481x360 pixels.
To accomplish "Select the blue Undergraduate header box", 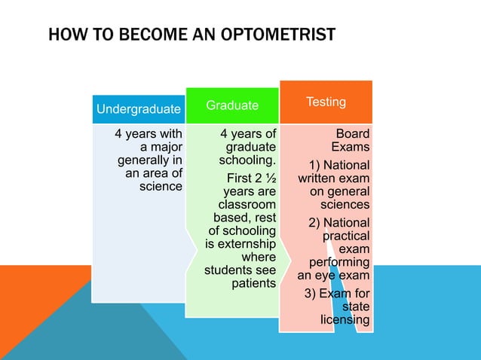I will (x=139, y=110).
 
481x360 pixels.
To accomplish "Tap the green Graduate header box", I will (x=232, y=105).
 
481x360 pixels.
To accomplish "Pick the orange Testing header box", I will (x=326, y=102).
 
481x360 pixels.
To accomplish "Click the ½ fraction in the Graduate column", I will (x=269, y=178).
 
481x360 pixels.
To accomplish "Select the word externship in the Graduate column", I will (x=240, y=244).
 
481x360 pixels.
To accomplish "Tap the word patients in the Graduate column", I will (x=253, y=283).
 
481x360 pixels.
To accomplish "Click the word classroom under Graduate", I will (x=247, y=205).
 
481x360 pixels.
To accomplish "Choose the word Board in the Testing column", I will (x=352, y=134).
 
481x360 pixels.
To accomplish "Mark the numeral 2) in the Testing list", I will (x=317, y=223).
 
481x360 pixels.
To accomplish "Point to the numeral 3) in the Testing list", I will (x=311, y=294).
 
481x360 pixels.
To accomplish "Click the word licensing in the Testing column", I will (x=345, y=320).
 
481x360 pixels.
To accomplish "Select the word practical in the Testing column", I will (x=346, y=236).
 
